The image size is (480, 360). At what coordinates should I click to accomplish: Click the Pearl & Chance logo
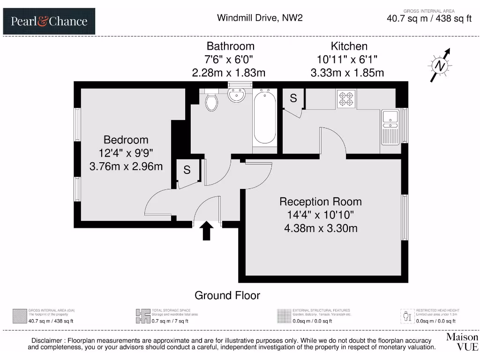tap(49, 21)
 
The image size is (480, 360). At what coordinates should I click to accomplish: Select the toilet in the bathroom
tap(211, 102)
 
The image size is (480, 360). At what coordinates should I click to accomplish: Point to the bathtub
tap(265, 118)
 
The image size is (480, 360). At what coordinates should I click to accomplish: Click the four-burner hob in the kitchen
tap(346, 98)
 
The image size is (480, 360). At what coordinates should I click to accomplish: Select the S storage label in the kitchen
tap(293, 98)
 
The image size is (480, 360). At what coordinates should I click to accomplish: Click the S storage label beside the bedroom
tap(187, 170)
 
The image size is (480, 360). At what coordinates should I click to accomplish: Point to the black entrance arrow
tap(207, 231)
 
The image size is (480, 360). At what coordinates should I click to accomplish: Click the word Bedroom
tap(126, 140)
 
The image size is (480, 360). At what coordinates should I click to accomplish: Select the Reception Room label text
tap(321, 202)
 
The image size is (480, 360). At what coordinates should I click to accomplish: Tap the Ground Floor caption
tap(227, 295)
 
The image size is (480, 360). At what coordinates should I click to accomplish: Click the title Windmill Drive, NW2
tap(260, 18)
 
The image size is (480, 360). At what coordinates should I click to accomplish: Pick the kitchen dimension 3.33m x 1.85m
tap(347, 73)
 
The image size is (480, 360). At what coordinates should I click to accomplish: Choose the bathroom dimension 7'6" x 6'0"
tap(231, 60)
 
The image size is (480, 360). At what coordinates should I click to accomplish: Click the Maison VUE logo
tap(462, 342)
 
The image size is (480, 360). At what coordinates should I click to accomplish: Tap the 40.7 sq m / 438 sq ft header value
tap(428, 19)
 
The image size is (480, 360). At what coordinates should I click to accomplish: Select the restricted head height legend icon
tap(407, 315)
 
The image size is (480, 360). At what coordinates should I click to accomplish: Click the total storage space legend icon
tap(142, 315)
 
